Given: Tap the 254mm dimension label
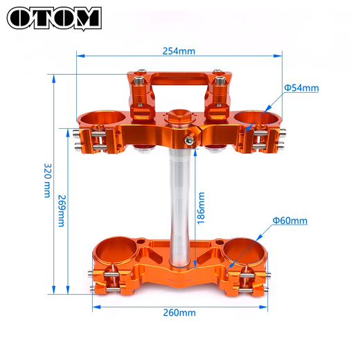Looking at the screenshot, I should point(179,51).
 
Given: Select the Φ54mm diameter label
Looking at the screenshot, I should point(301,88).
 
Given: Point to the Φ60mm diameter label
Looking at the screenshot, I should point(289,221).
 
